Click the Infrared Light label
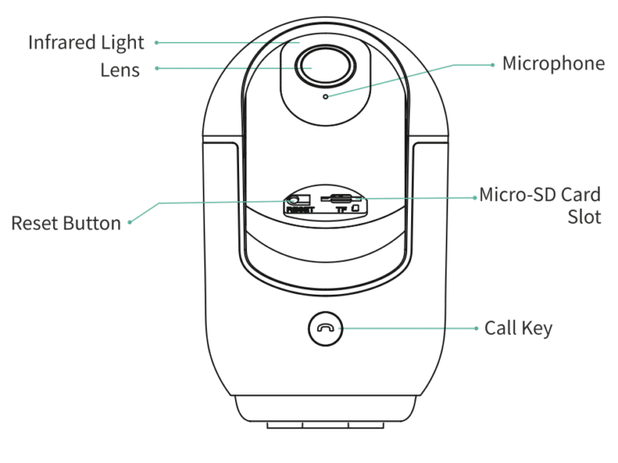pos(86,43)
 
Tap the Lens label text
pos(120,70)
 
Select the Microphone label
pos(553,64)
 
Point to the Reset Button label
pos(66,223)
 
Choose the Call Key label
pos(518,329)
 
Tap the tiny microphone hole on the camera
pos(325,97)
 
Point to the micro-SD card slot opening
pos(340,197)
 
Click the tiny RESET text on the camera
pos(299,209)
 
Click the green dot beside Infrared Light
pos(156,43)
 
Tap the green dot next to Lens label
pos(156,69)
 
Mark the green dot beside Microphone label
pos(492,64)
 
